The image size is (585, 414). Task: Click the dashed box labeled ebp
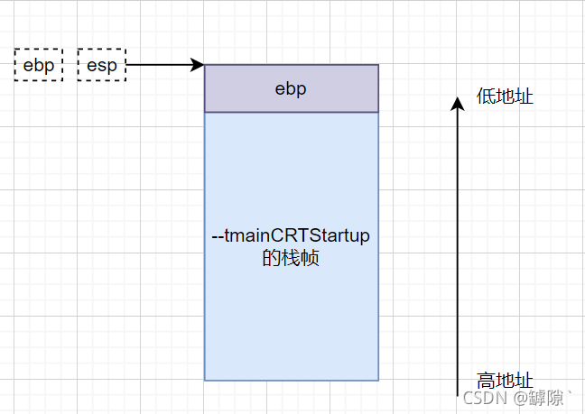39,66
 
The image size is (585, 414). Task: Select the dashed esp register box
101,66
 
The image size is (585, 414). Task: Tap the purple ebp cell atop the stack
292,88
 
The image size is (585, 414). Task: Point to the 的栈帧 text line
291,259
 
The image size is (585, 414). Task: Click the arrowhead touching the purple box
198,65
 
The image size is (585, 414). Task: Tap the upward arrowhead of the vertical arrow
458,102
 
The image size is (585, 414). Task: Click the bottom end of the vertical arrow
458,393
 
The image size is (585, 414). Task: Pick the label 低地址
505,97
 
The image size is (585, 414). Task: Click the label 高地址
505,380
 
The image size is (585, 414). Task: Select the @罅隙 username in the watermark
543,397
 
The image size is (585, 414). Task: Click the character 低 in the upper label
486,97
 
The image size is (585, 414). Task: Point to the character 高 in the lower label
486,380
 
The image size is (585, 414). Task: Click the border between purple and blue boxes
292,112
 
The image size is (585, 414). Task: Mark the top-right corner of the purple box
378,65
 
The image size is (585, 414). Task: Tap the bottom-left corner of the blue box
205,380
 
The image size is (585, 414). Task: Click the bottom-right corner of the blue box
378,380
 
